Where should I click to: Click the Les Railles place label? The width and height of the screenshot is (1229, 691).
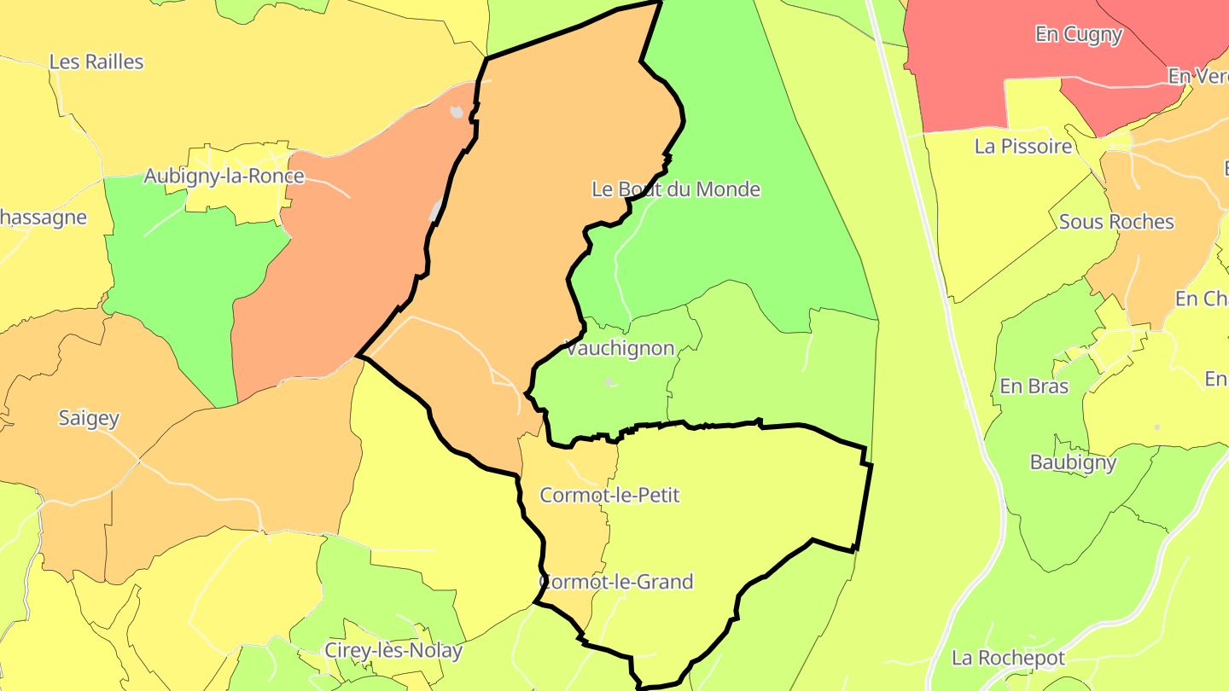(x=96, y=62)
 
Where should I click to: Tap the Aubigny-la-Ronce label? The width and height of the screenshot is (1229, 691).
(x=224, y=177)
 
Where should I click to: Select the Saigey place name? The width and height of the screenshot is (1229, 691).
(x=89, y=419)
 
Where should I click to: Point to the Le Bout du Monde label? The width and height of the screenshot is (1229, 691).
(x=676, y=189)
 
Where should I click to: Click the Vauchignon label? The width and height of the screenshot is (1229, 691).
(x=620, y=349)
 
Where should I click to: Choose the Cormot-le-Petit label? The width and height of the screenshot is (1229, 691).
(x=610, y=496)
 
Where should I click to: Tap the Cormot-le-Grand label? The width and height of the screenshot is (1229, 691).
(x=616, y=583)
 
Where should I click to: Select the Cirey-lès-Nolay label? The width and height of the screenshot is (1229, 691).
(x=393, y=652)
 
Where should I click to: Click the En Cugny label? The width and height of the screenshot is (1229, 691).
(x=1079, y=35)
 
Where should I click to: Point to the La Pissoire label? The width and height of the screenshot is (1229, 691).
(x=1023, y=147)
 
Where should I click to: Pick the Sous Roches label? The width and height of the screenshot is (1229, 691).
(x=1116, y=223)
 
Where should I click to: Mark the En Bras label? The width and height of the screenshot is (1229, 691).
(x=1034, y=386)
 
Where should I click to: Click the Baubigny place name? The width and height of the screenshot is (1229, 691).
(x=1073, y=463)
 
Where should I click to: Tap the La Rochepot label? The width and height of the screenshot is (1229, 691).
(x=1009, y=659)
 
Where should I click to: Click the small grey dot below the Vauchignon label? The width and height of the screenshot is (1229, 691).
(x=609, y=382)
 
